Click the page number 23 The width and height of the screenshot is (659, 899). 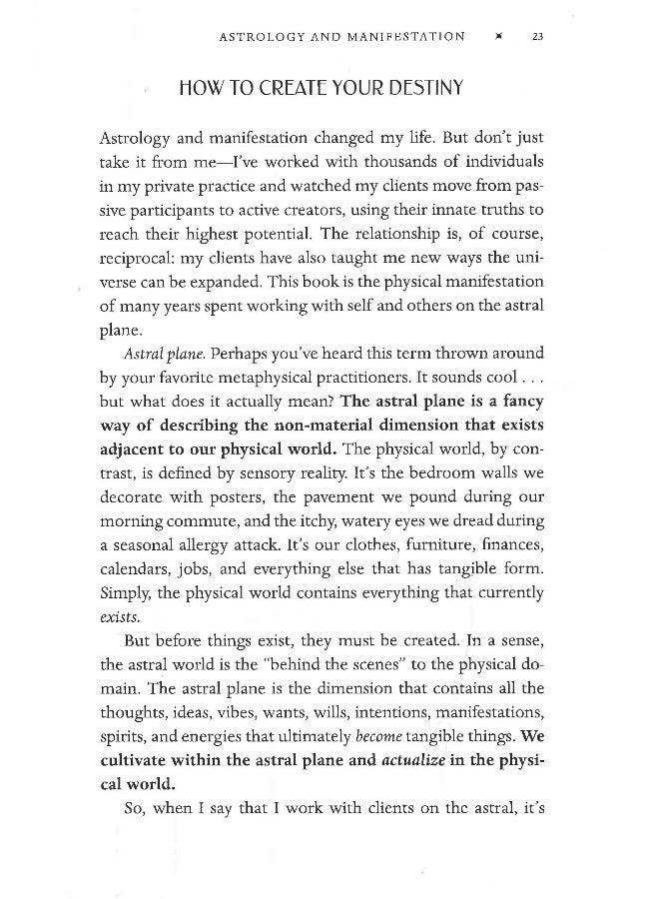pos(537,37)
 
